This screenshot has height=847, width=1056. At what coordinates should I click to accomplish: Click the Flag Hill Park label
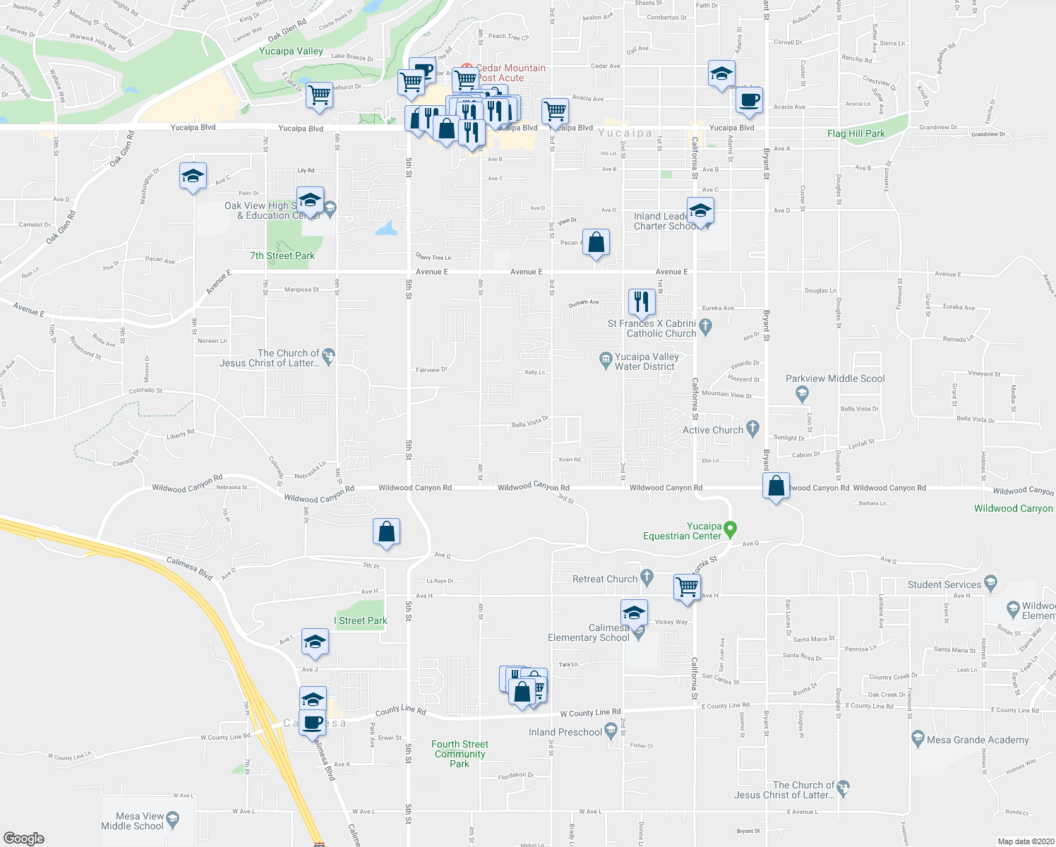pyautogui.click(x=856, y=133)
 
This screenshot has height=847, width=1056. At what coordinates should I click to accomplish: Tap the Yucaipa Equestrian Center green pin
pyautogui.click(x=731, y=528)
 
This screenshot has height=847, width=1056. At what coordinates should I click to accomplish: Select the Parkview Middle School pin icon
pyautogui.click(x=801, y=393)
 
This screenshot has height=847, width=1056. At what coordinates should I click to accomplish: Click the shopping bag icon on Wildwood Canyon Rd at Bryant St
pyautogui.click(x=776, y=486)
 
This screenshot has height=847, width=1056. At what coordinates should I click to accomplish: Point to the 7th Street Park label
pyautogui.click(x=282, y=256)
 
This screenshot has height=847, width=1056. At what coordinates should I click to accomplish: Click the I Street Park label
pyautogui.click(x=363, y=620)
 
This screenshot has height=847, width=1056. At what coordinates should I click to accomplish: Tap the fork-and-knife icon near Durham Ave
pyautogui.click(x=641, y=302)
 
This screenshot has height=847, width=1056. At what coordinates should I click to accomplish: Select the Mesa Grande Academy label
pyautogui.click(x=978, y=740)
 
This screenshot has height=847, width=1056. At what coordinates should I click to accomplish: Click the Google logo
pyautogui.click(x=24, y=839)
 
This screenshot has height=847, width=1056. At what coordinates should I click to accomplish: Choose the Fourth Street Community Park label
pyautogui.click(x=460, y=754)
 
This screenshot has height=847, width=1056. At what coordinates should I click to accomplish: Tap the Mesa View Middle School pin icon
pyautogui.click(x=173, y=819)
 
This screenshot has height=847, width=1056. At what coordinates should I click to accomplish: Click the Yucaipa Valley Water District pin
pyautogui.click(x=605, y=359)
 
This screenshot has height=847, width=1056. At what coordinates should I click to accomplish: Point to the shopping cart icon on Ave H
pyautogui.click(x=687, y=586)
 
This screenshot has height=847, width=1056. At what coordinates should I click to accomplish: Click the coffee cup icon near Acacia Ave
pyautogui.click(x=749, y=100)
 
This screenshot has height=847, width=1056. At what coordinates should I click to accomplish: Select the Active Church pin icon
pyautogui.click(x=752, y=428)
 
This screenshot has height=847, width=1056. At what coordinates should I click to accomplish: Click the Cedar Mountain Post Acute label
pyautogui.click(x=511, y=73)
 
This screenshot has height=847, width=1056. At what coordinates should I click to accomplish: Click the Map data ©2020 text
pyautogui.click(x=1023, y=841)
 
